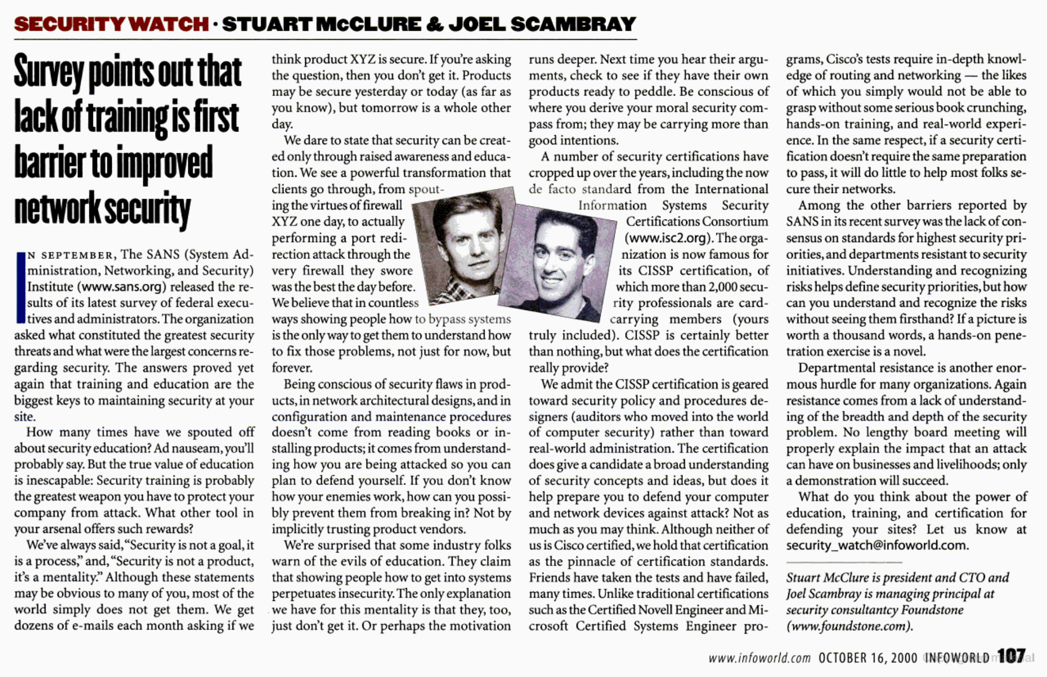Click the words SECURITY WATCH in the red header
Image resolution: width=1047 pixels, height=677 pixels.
111,24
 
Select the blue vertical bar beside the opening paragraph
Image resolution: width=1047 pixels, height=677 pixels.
20,287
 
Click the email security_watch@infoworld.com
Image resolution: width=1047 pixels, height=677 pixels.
876,545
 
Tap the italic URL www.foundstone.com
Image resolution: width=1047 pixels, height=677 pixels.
849,626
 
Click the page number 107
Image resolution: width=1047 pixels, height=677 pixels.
1011,657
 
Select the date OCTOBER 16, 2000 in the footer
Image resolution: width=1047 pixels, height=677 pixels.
868,658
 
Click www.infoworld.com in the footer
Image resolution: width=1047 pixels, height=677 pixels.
759,658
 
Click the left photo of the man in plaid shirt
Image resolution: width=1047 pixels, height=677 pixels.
463,245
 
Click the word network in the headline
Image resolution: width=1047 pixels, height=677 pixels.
56,209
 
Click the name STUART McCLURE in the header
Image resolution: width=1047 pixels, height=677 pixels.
321,24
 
